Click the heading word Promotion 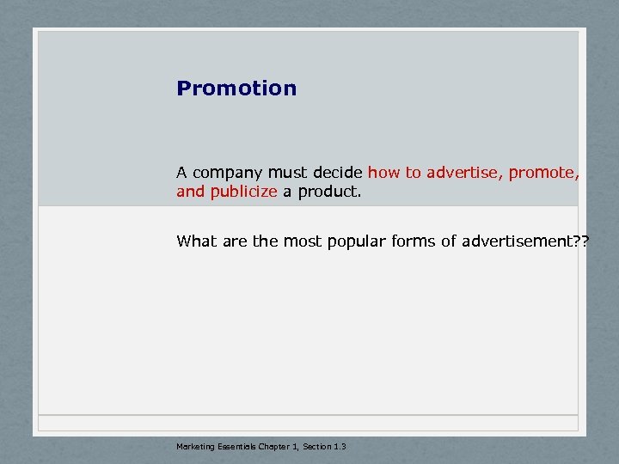[x=236, y=89]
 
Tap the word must [x=287, y=173]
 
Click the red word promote [x=543, y=173]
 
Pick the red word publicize [x=244, y=192]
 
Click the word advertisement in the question [x=514, y=241]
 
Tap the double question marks [x=581, y=241]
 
